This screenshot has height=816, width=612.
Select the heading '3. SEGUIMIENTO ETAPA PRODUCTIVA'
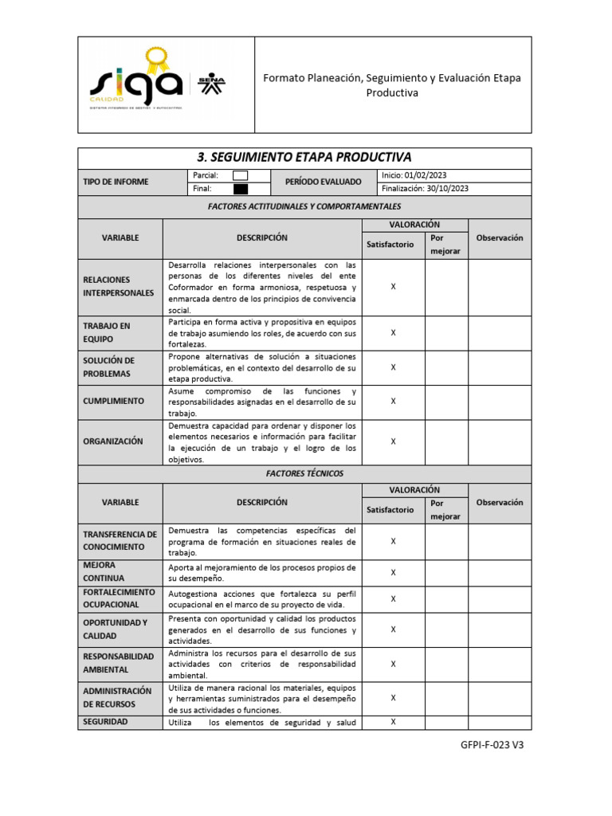[304, 157]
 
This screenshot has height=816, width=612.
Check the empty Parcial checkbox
[240, 175]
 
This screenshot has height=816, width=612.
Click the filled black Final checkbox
[240, 189]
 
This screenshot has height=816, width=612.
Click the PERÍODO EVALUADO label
[323, 182]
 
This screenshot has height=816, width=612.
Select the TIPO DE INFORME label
[116, 182]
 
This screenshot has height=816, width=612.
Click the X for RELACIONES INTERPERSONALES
[393, 286]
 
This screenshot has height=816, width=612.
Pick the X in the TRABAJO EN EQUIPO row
[393, 333]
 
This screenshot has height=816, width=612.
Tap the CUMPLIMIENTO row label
[113, 401]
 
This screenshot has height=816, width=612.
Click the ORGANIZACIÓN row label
[113, 441]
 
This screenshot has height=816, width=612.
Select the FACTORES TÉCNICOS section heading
[304, 473]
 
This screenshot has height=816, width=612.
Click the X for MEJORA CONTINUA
[393, 572]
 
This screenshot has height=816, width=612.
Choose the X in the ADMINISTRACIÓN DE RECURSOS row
[393, 697]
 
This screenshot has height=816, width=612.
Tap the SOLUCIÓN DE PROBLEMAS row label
[109, 367]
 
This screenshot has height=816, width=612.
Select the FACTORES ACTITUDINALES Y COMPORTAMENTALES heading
[304, 206]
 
